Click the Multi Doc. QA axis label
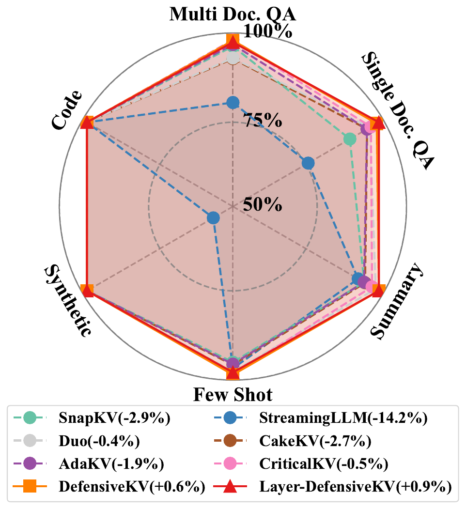pyautogui.click(x=233, y=15)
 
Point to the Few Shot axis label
pyautogui.click(x=233, y=395)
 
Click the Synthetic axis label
pyautogui.click(x=68, y=301)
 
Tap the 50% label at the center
pyautogui.click(x=263, y=204)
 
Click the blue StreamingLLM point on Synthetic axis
pyautogui.click(x=213, y=218)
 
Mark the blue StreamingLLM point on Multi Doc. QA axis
pyautogui.click(x=233, y=102)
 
